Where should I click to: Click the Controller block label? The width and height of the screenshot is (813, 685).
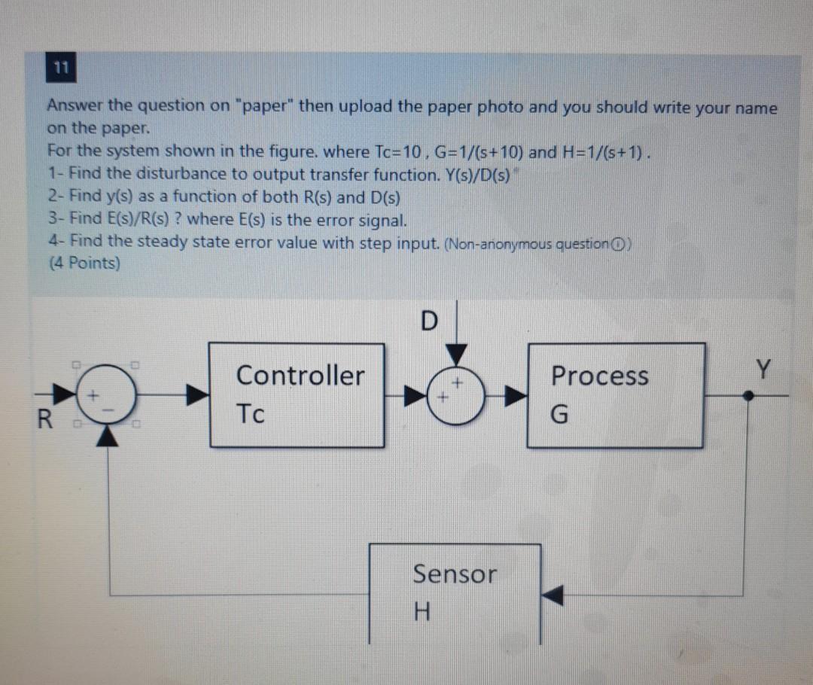click(300, 375)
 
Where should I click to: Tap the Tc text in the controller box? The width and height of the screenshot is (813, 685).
click(251, 413)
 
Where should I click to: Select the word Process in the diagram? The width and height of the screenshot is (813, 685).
click(599, 376)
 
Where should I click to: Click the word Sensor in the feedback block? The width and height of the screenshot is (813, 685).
click(455, 574)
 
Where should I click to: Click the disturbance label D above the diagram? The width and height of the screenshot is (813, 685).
click(427, 321)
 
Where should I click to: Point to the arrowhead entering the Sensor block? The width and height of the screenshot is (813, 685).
click(553, 596)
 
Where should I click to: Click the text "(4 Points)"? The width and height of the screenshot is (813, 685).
click(84, 264)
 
